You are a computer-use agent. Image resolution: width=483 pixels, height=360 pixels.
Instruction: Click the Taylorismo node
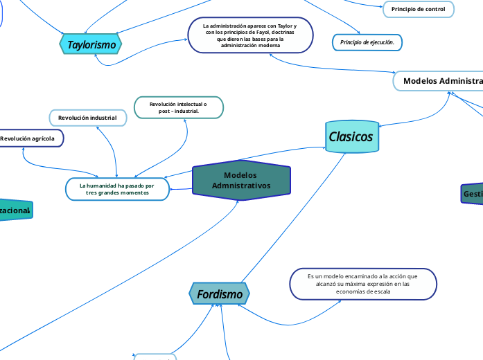point(91,44)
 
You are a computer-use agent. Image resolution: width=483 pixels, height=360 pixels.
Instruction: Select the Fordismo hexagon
point(220,294)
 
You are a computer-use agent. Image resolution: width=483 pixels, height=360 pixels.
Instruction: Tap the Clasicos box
point(351,136)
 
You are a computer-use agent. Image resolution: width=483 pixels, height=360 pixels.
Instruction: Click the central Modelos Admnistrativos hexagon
point(240,181)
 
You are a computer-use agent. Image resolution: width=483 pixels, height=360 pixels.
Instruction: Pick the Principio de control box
point(418,9)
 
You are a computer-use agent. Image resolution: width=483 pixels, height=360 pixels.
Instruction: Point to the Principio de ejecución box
point(367,43)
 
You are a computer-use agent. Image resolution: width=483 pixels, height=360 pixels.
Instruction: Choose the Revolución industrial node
point(87,118)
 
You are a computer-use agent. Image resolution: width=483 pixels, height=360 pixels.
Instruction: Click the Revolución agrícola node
point(28,138)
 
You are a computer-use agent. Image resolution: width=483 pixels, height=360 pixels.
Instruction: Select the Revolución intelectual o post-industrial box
point(179,107)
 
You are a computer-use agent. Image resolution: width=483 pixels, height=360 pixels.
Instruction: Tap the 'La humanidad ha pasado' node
point(117,189)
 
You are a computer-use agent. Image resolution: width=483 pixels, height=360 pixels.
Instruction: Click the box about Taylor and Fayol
point(249,35)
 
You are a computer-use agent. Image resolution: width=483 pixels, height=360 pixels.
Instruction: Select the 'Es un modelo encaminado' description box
point(363,284)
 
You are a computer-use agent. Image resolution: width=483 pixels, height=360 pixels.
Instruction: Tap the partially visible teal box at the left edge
point(15,210)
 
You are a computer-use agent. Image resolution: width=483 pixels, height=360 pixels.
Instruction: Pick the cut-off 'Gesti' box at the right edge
point(472,195)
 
